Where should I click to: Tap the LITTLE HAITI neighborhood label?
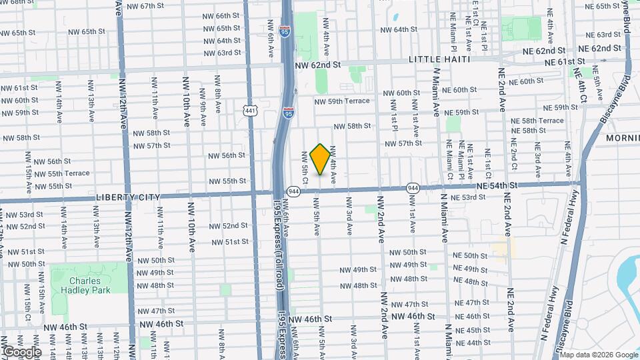click(439, 59)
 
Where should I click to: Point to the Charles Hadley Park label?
click(89, 285)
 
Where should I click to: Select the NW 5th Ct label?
click(305, 167)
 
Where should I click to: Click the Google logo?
click(21, 352)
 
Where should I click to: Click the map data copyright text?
click(598, 355)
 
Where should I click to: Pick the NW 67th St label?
click(145, 6)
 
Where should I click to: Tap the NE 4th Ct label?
click(582, 87)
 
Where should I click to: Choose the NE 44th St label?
click(471, 343)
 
